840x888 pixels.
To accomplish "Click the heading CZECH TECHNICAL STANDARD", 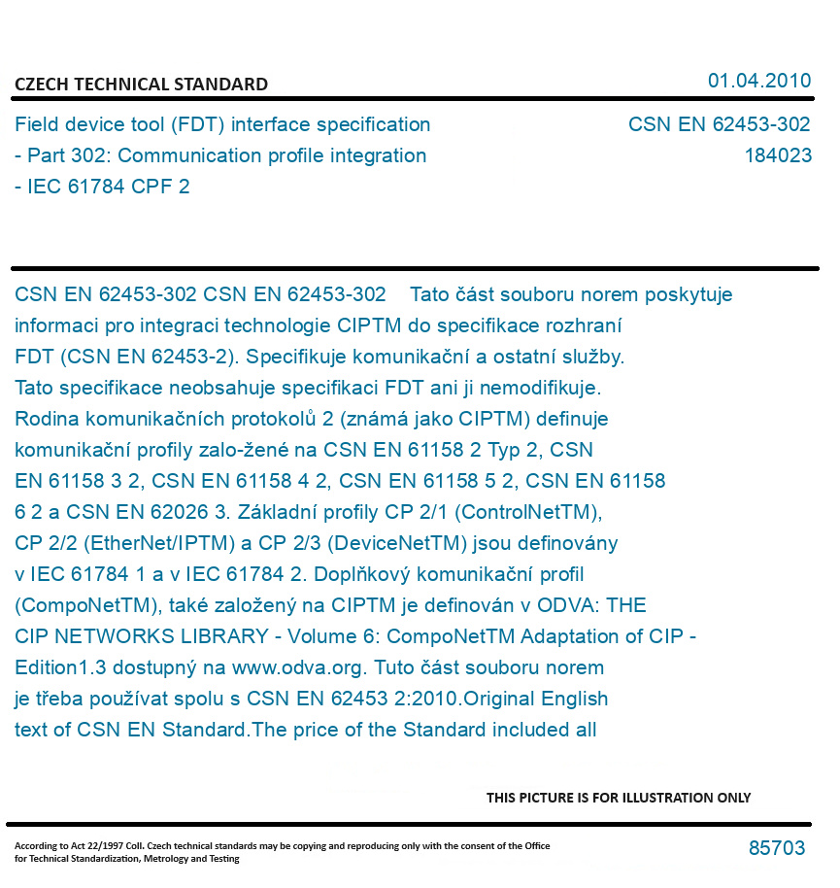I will pyautogui.click(x=141, y=85).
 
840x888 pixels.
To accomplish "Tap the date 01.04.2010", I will pyautogui.click(x=759, y=81).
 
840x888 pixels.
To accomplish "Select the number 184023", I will pyautogui.click(x=778, y=155).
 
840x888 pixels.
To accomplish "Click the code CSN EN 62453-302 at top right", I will pyautogui.click(x=719, y=124).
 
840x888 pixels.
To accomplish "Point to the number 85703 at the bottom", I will pyautogui.click(x=777, y=848).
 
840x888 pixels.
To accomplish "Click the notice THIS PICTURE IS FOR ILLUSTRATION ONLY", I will pyautogui.click(x=619, y=798).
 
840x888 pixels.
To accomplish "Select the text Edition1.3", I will pyautogui.click(x=64, y=667).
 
